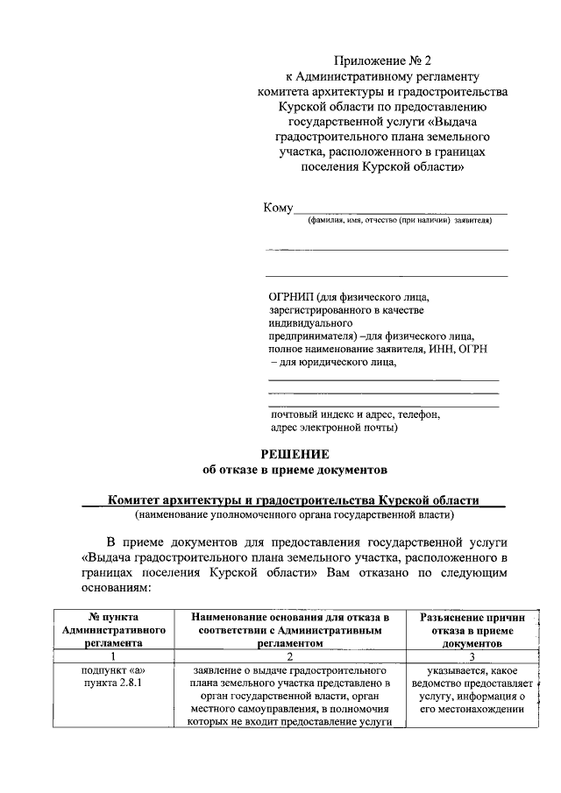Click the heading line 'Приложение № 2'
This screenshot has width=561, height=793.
tap(383, 61)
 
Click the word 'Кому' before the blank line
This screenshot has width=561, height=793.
tap(278, 208)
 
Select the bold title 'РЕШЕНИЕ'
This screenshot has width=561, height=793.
tap(295, 454)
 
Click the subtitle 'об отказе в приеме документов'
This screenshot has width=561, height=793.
tap(295, 470)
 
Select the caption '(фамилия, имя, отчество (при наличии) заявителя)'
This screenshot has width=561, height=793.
tap(399, 221)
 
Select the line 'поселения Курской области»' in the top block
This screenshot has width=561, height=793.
tap(383, 166)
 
